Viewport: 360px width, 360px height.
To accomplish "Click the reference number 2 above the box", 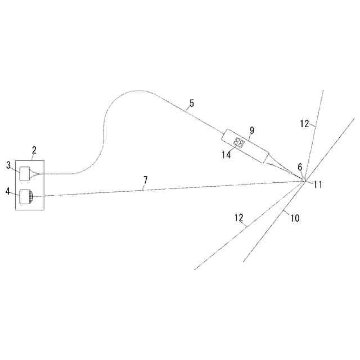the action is tap(34, 150).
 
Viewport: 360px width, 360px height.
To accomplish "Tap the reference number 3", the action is tap(8, 165).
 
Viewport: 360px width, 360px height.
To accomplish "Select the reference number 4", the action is tap(8, 191).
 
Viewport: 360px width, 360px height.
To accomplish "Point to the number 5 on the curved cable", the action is tap(192, 103).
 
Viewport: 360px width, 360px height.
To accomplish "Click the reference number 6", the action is tap(300, 167).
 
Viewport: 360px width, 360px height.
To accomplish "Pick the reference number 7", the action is tap(146, 180).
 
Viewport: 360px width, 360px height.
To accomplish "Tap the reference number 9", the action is tap(252, 130).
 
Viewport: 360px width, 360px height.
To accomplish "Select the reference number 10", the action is tap(295, 218).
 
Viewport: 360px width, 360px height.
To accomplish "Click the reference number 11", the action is tap(318, 184).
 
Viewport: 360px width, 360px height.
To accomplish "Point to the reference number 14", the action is tap(226, 155).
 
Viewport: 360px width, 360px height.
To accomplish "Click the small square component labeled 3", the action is tap(25, 174).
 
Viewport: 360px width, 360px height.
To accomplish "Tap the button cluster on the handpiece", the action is tap(238, 143).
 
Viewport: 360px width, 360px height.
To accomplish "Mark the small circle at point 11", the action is tap(304, 180).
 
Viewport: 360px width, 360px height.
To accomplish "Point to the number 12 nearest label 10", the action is tap(238, 218).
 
